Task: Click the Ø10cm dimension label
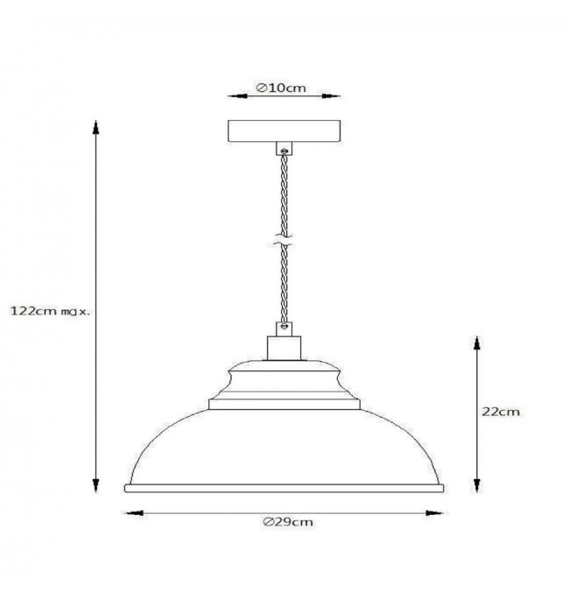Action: (281, 88)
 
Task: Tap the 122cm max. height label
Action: (50, 312)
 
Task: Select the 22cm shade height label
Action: (501, 412)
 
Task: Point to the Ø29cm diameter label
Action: (288, 522)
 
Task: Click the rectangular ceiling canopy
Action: (284, 131)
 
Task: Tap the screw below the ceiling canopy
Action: (284, 152)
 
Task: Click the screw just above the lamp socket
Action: (284, 326)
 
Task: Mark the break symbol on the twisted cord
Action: (283, 241)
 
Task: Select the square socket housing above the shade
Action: (284, 348)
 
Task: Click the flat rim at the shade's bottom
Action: (284, 488)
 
